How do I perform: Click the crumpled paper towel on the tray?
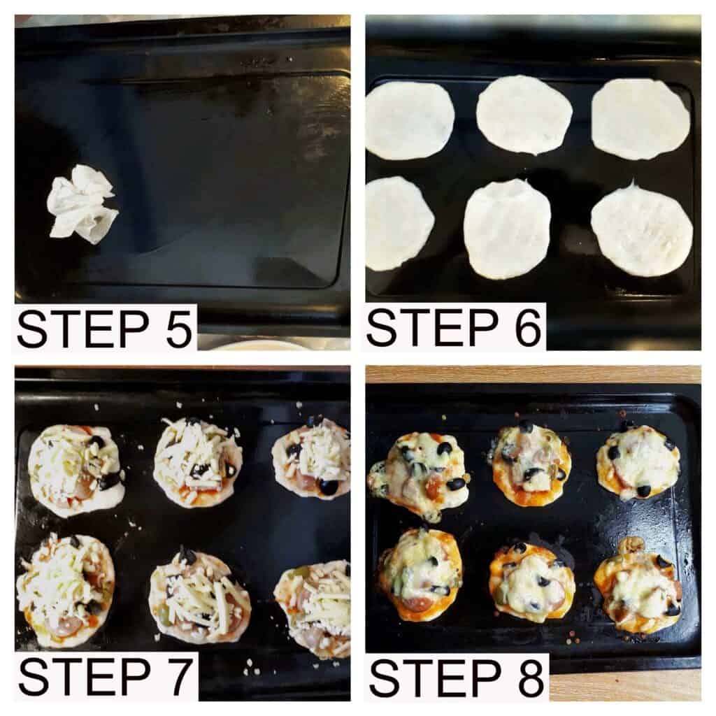coord(81,204)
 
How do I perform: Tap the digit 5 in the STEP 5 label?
coord(178,329)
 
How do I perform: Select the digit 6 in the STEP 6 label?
coord(528,327)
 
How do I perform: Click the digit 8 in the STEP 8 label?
coord(529,677)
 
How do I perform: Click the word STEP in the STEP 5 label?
coord(83,329)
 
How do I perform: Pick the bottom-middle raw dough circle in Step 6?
coord(507,229)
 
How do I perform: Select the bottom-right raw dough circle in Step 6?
coord(642,229)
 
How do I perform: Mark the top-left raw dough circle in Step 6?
coord(410,120)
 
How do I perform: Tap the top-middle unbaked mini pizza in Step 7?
coord(198,462)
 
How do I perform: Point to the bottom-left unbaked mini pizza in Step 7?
coord(65,590)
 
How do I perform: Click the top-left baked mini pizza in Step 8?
coord(418,475)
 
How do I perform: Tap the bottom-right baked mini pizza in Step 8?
coord(638,587)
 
